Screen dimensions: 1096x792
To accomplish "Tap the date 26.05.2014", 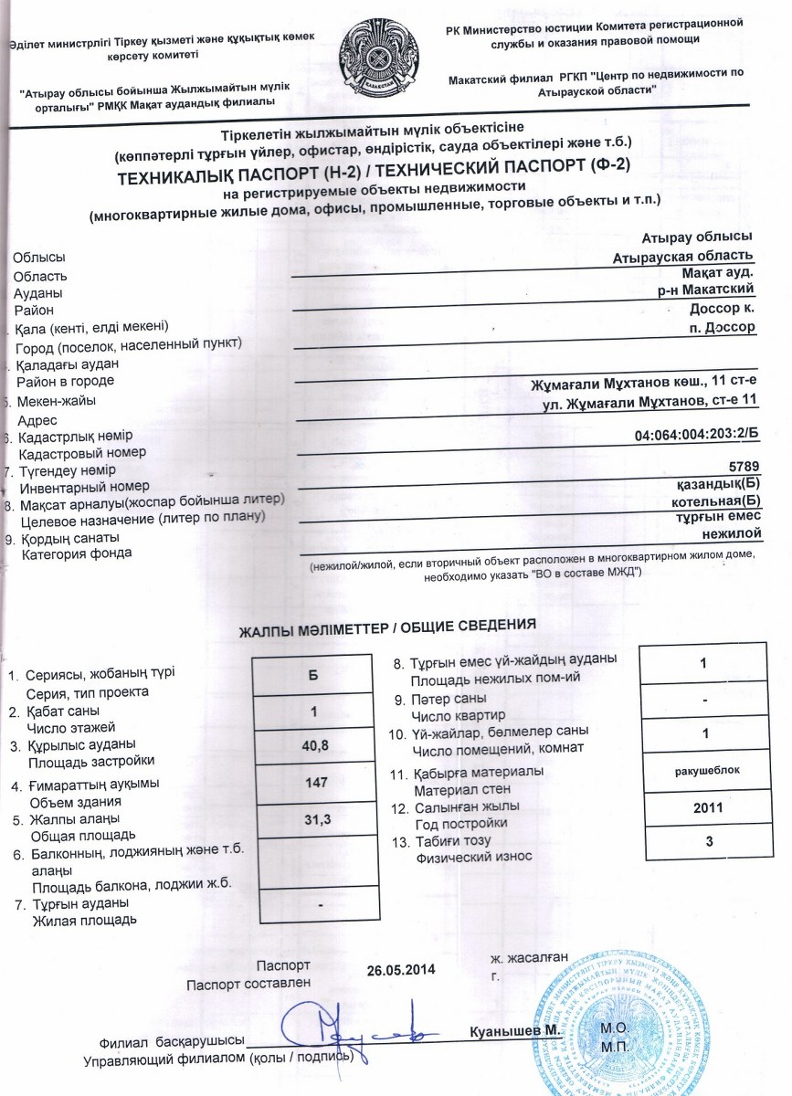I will (x=401, y=969).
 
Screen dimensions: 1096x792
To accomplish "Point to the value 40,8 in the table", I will (x=314, y=745).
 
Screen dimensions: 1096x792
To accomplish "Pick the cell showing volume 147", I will (x=314, y=783).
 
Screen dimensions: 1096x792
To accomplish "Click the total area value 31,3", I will (x=314, y=819).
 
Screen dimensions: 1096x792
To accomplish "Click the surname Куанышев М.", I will (x=514, y=1031).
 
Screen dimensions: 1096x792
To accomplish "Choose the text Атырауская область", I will (x=684, y=255).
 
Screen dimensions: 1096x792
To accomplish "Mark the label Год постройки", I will (x=461, y=824).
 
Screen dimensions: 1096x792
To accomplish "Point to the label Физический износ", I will (x=474, y=858).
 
